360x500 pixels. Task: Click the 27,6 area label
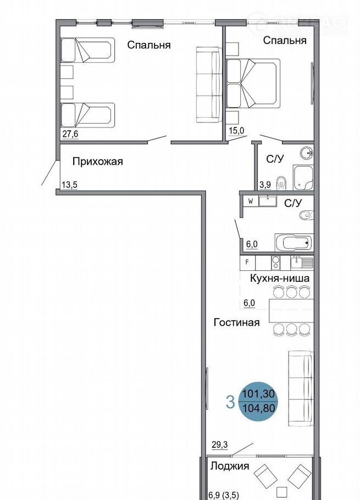click(x=70, y=134)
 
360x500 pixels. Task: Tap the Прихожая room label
click(x=98, y=162)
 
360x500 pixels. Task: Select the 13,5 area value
click(x=70, y=185)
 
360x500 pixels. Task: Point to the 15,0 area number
click(x=236, y=130)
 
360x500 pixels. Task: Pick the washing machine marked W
click(x=250, y=202)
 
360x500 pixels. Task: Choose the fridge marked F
click(x=247, y=263)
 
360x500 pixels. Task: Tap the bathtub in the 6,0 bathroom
click(x=294, y=243)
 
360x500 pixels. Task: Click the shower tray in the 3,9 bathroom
click(x=303, y=177)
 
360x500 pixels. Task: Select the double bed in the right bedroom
click(x=253, y=84)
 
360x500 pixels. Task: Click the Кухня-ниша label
click(x=280, y=279)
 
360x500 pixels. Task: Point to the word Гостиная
click(x=236, y=322)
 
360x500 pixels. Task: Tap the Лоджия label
click(x=230, y=466)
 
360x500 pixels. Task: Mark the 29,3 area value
click(x=220, y=445)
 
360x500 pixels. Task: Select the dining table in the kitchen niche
click(x=291, y=310)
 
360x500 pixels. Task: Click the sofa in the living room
click(x=301, y=388)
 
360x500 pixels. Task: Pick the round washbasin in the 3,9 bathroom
click(x=308, y=153)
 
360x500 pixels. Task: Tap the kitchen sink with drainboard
click(x=302, y=263)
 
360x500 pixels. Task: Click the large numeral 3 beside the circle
click(x=230, y=402)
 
